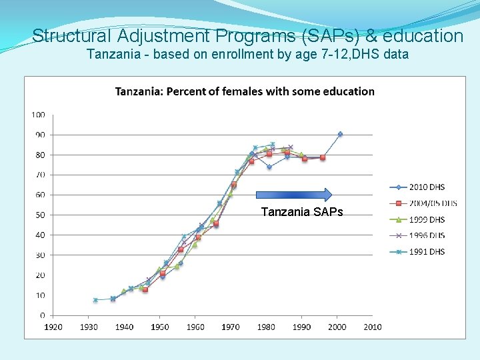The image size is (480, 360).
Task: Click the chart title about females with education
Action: pos(245,91)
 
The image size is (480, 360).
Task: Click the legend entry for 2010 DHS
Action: pos(427,187)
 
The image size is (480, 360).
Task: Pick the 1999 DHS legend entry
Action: pos(427,219)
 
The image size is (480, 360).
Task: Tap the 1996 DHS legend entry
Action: pos(427,235)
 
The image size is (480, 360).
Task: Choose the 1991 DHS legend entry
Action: pos(427,251)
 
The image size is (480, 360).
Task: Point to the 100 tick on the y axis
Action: pos(38,115)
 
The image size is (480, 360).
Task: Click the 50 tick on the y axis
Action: pos(40,215)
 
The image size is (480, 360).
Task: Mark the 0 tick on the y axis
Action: pos(43,315)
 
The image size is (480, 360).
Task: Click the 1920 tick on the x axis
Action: pos(53,327)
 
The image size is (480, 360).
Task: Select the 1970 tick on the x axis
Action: pos(231,327)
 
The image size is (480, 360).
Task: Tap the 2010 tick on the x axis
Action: pos(373,327)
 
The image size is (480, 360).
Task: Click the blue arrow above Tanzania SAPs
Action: pos(294,195)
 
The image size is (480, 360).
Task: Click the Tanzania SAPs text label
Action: pos(302,212)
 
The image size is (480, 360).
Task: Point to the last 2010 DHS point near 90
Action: pos(340,134)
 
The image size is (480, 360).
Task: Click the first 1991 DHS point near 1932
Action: pos(95,300)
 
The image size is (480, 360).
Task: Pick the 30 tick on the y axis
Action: pos(40,255)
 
